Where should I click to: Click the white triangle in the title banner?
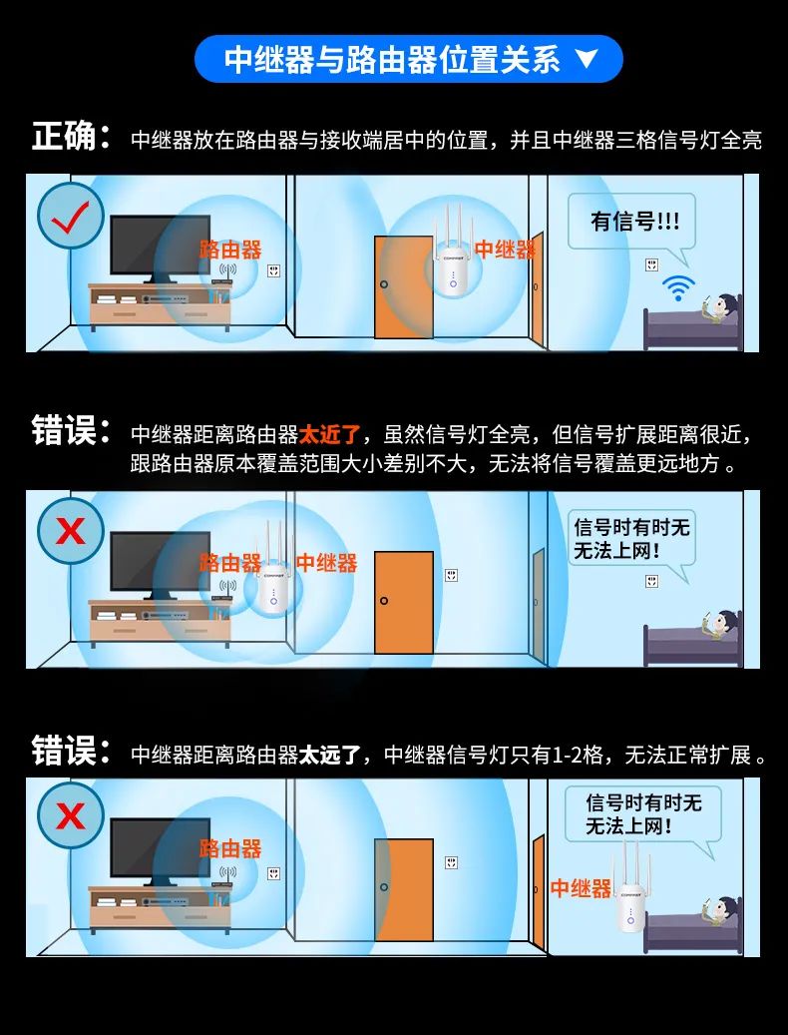587,60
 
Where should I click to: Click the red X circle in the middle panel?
71,530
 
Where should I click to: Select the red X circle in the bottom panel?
71,816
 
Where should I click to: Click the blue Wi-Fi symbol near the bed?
679,289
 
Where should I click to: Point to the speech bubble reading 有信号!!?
631,222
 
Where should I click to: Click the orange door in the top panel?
403,287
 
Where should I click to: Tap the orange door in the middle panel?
404,602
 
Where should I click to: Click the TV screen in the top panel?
160,245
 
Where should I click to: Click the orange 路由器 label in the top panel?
229,250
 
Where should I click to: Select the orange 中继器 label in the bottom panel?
581,888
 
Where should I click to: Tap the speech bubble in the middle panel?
630,539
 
